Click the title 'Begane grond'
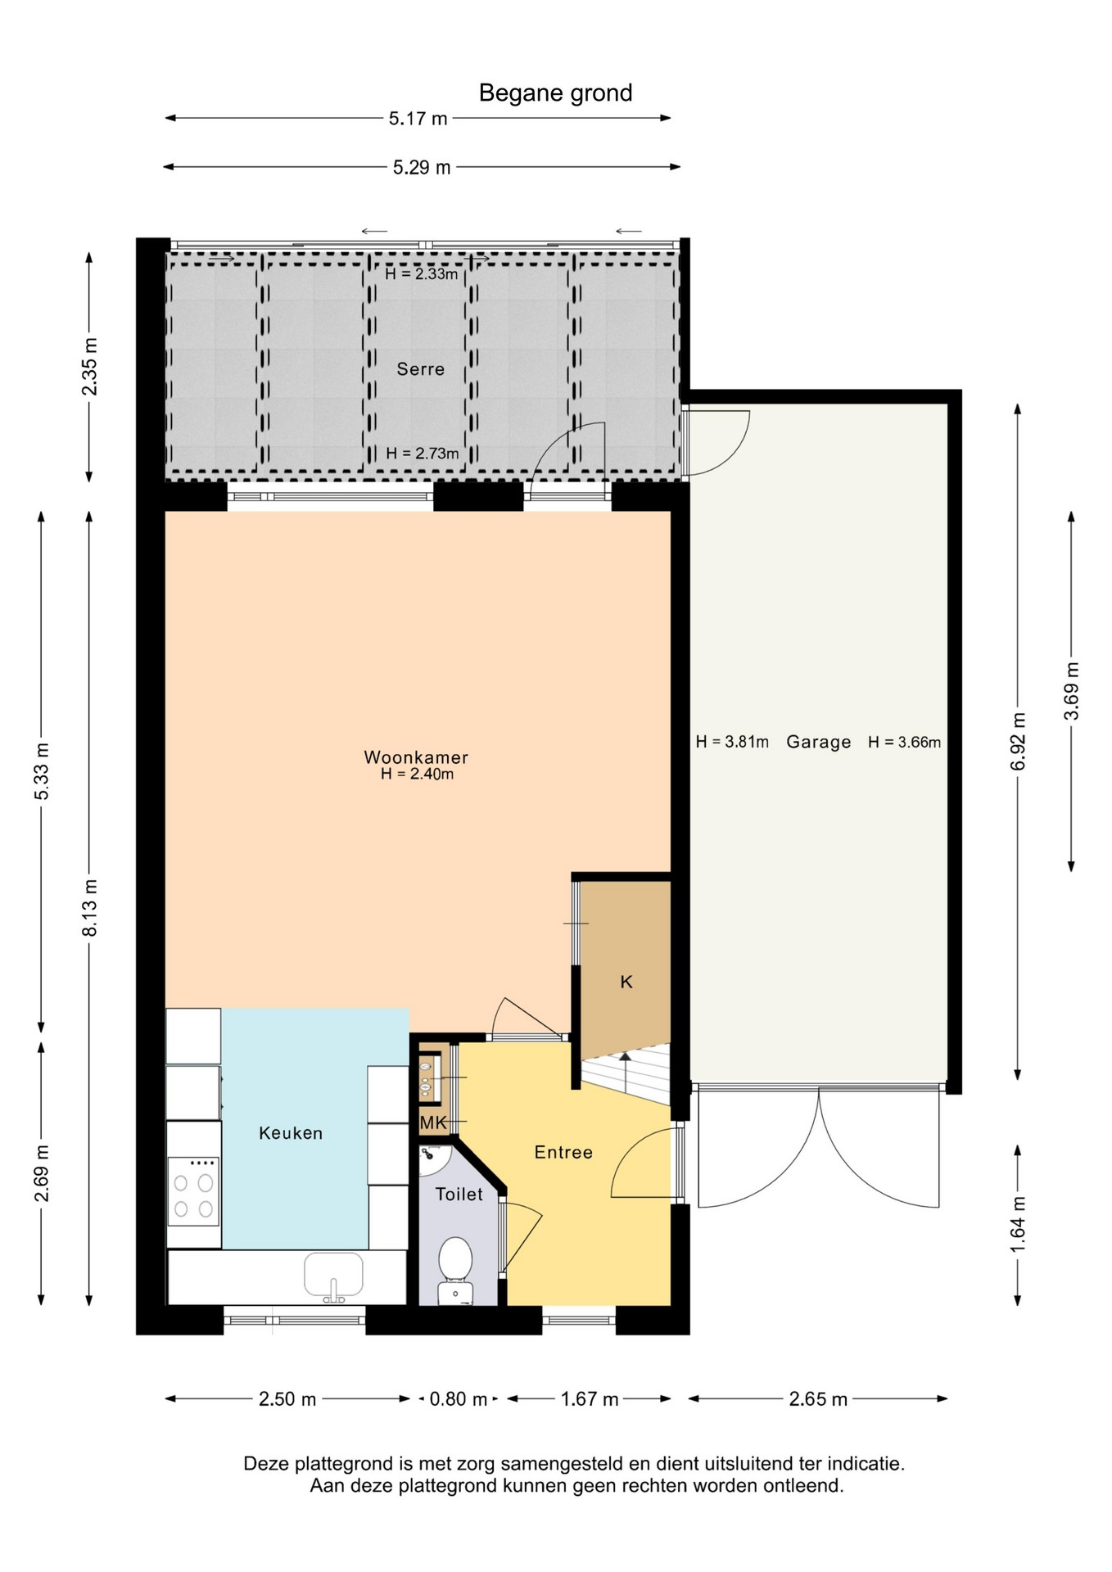(x=555, y=93)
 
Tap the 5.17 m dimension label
(x=418, y=119)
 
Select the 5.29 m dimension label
(x=422, y=168)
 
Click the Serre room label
(x=421, y=369)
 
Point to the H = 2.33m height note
(x=422, y=274)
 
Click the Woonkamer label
(x=416, y=757)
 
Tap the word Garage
(x=819, y=743)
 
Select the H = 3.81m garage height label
(x=732, y=742)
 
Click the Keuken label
(x=291, y=1133)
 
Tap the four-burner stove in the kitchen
(x=193, y=1190)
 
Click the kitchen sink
(x=333, y=1276)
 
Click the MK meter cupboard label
(x=433, y=1123)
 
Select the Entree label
(x=563, y=1153)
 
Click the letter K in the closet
(x=626, y=982)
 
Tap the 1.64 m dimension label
(x=1018, y=1225)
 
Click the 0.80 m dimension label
(x=459, y=1399)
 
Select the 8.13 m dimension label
(x=89, y=908)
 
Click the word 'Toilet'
(x=459, y=1195)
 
